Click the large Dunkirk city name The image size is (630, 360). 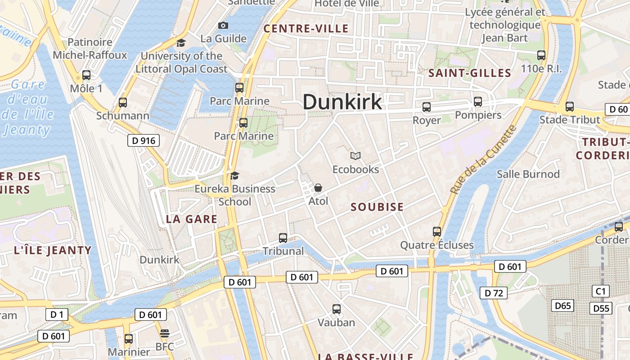342,102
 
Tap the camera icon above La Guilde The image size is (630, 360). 223,26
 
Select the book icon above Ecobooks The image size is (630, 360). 355,156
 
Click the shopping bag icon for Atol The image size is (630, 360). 318,187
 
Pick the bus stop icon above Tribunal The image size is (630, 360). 283,238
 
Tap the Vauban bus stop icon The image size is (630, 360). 337,309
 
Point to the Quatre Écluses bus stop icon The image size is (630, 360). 437,232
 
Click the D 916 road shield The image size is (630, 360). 144,141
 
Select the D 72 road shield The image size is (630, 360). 494,293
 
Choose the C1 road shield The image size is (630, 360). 601,291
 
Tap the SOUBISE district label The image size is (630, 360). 377,207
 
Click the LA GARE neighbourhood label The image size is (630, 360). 192,219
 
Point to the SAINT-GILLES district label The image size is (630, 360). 470,73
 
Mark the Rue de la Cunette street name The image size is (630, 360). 483,160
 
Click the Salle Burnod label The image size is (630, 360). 528,174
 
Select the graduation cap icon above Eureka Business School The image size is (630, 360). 234,175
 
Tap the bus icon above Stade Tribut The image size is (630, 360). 570,107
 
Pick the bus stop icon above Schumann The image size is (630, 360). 123,103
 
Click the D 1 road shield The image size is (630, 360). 57,315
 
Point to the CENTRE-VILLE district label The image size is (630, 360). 306,29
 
